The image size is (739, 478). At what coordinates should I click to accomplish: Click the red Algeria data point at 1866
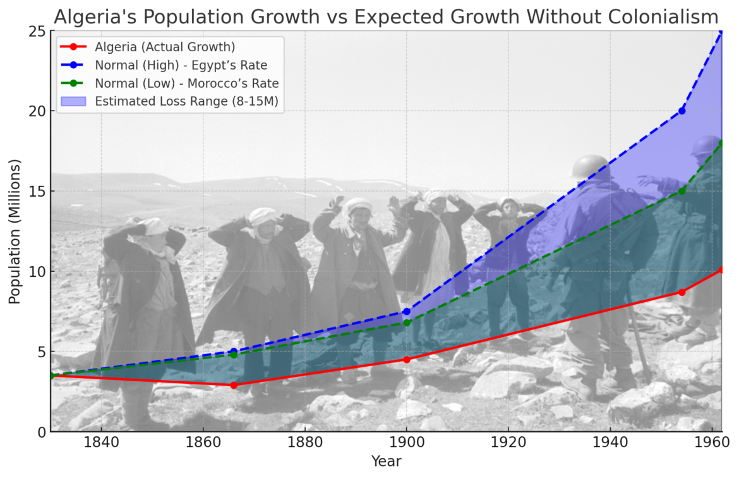coord(234,385)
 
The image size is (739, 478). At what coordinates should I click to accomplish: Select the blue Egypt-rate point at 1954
coord(682,111)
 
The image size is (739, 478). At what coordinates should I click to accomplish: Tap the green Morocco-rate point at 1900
coord(407,322)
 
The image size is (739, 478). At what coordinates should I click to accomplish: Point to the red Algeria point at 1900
coord(407,359)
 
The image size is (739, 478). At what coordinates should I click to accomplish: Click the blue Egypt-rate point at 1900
coord(407,311)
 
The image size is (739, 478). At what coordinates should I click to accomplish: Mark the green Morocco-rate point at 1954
coord(682,191)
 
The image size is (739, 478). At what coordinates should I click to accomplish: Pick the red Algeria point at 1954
coord(682,292)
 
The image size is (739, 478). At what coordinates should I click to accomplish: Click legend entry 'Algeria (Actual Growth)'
coord(164,47)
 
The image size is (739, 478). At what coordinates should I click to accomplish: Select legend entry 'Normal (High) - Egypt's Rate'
coord(181,65)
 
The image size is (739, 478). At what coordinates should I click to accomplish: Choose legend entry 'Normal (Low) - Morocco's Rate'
coord(186,83)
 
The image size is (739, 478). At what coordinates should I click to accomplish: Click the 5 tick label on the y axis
coord(40,352)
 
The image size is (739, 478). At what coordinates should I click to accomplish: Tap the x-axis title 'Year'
coord(386,462)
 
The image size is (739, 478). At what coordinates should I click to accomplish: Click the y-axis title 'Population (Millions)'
coord(15,231)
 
